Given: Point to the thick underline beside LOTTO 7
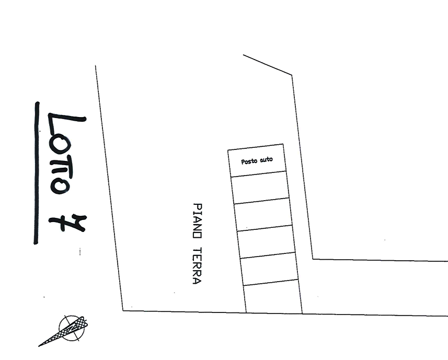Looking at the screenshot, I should coord(36,172).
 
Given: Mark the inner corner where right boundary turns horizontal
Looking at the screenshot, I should coord(312,259).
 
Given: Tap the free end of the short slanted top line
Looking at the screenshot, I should coord(243,54).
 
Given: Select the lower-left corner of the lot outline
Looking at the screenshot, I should coord(122,311).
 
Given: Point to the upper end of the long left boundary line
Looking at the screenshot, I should coord(95,65).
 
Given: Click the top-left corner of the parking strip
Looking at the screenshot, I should coord(227,152).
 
